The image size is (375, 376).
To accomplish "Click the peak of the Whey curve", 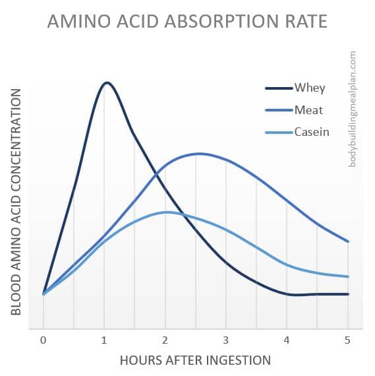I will tap(107, 82).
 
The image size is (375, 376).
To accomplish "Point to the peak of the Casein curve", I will tap(166, 212).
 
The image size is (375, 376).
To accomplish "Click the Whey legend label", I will tap(310, 88).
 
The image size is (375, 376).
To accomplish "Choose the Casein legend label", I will tap(312, 132).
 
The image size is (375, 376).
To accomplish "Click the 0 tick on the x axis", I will tap(43, 340).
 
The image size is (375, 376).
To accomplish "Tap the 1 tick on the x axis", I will tap(104, 340).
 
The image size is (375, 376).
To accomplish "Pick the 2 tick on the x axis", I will tap(165, 340).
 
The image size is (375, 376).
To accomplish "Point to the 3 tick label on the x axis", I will tap(226, 340).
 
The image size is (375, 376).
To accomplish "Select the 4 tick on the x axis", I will tap(287, 340).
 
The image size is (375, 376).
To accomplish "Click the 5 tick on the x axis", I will tap(347, 340).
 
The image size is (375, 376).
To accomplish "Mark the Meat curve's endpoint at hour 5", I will tap(347, 241).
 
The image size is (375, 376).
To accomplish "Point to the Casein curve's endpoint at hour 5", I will tap(347, 276).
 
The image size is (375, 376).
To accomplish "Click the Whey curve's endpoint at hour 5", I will tap(347, 294).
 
